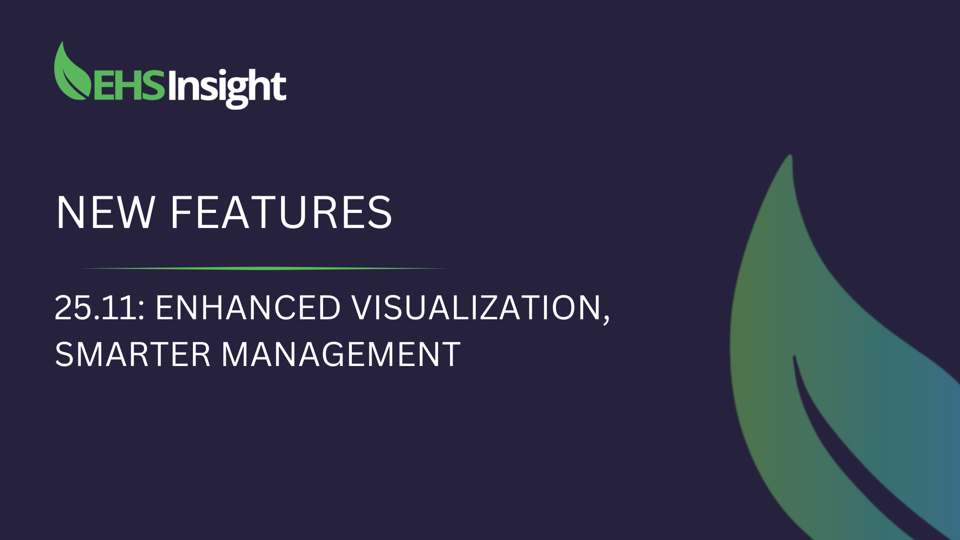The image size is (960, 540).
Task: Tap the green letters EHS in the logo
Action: pyautogui.click(x=129, y=85)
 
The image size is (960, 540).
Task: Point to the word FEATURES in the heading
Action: pyautogui.click(x=281, y=212)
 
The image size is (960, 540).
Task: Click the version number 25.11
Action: pyautogui.click(x=97, y=307)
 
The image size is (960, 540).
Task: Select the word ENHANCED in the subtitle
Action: pyautogui.click(x=248, y=307)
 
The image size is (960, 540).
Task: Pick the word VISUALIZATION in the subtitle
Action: pyautogui.click(x=477, y=307)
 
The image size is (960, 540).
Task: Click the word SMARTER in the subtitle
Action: pyautogui.click(x=132, y=354)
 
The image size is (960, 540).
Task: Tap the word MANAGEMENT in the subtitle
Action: pyautogui.click(x=341, y=354)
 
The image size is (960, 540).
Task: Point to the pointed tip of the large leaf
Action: pyautogui.click(x=791, y=155)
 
